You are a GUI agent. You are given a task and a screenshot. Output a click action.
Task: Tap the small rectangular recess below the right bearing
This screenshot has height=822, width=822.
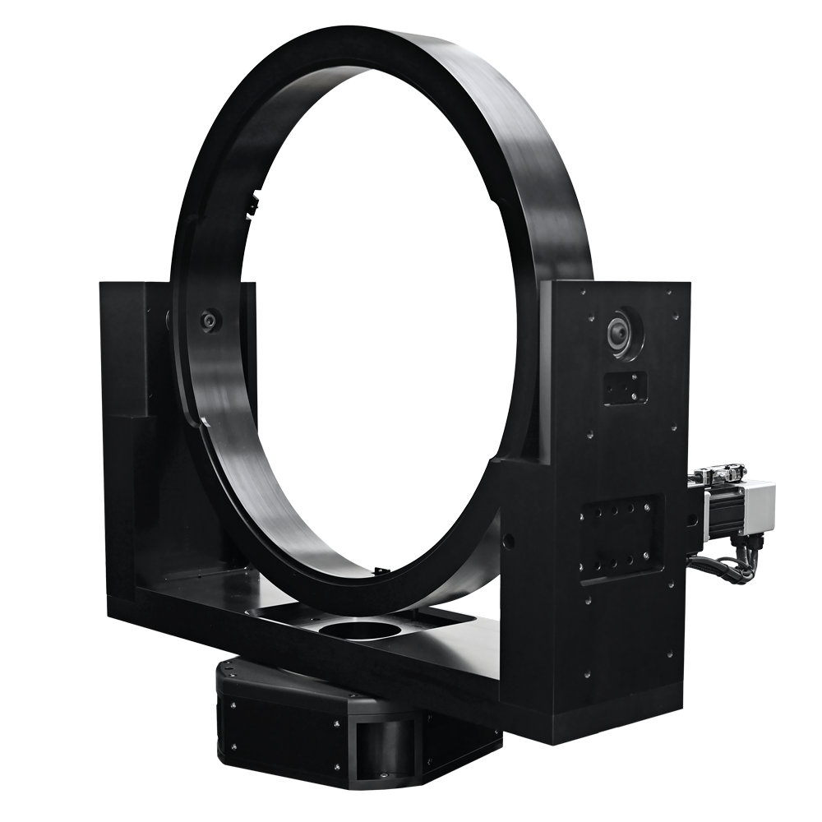[625, 387]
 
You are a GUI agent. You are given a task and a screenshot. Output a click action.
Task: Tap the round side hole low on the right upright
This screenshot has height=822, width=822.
[510, 542]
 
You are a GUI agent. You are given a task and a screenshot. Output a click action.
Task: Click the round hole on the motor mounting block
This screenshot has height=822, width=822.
[691, 520]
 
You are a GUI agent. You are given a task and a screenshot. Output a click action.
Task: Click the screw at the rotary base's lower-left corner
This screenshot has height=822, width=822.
[233, 747]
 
